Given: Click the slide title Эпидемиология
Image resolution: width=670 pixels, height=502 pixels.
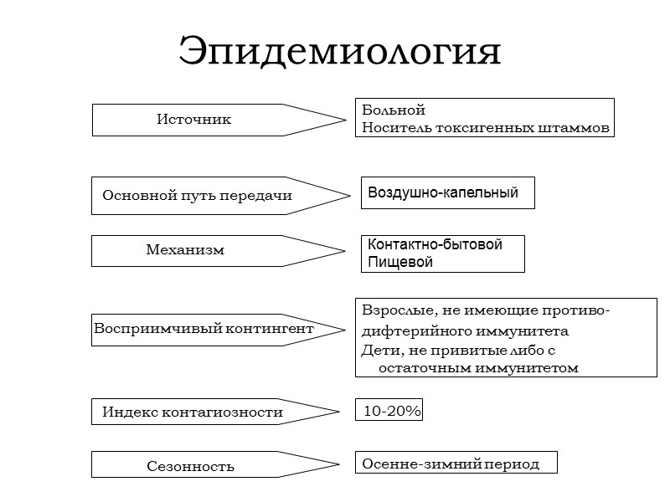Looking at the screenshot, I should [339, 52].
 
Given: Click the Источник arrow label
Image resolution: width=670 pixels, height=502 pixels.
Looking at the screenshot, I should [193, 120].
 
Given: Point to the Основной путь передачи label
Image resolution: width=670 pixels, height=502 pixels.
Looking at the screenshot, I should [197, 196].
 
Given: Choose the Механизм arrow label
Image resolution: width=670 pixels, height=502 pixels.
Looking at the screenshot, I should [185, 250].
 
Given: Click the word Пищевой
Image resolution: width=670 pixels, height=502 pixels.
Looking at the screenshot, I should [396, 263].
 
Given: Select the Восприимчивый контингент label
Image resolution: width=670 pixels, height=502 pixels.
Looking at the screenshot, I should [204, 329].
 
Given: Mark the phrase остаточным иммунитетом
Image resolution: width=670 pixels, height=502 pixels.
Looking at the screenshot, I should [478, 367].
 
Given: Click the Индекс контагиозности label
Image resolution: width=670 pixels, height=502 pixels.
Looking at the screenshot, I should [193, 412].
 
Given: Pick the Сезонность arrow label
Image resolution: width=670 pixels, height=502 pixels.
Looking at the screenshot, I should [190, 466].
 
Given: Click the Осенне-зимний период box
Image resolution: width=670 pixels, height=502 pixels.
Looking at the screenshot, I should [451, 464].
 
